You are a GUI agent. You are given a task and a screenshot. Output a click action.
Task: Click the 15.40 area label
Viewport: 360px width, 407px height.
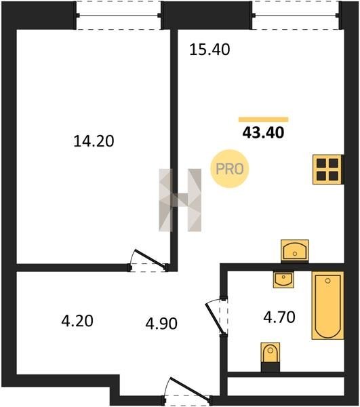click(209, 50)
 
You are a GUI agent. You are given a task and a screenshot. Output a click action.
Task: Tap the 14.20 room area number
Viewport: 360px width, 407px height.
click(94, 142)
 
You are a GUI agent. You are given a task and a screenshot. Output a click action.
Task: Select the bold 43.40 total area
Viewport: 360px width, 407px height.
click(263, 133)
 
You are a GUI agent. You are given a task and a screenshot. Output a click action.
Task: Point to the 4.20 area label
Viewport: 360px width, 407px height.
click(77, 321)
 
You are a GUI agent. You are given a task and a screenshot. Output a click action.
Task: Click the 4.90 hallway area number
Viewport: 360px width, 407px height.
click(161, 324)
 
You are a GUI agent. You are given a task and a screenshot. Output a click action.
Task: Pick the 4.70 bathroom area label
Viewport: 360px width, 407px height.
click(279, 317)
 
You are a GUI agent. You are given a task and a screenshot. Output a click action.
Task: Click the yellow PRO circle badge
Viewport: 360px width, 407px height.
click(230, 169)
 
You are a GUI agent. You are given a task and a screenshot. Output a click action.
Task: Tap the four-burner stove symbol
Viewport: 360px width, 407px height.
click(328, 170)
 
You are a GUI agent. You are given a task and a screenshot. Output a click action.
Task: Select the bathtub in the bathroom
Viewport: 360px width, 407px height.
click(328, 305)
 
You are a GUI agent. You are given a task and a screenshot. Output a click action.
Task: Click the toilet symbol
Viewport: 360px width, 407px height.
click(271, 357)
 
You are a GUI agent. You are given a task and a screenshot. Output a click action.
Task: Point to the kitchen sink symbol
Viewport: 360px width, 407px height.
click(295, 251)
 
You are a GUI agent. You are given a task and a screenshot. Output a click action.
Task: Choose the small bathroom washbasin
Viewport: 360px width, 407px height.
click(283, 279)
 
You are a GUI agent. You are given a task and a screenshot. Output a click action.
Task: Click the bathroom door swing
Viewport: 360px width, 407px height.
click(214, 317)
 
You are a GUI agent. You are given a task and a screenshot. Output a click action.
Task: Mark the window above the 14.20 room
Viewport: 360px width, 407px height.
click(119, 16)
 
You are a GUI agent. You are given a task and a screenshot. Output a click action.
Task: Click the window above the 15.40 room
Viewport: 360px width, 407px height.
click(296, 16)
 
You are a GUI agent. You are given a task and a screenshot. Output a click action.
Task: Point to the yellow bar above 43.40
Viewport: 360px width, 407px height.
click(264, 119)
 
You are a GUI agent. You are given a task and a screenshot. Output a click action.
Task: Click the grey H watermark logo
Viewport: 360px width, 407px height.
click(180, 200)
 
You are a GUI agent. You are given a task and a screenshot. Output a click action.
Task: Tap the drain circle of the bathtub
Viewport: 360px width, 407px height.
click(328, 281)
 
